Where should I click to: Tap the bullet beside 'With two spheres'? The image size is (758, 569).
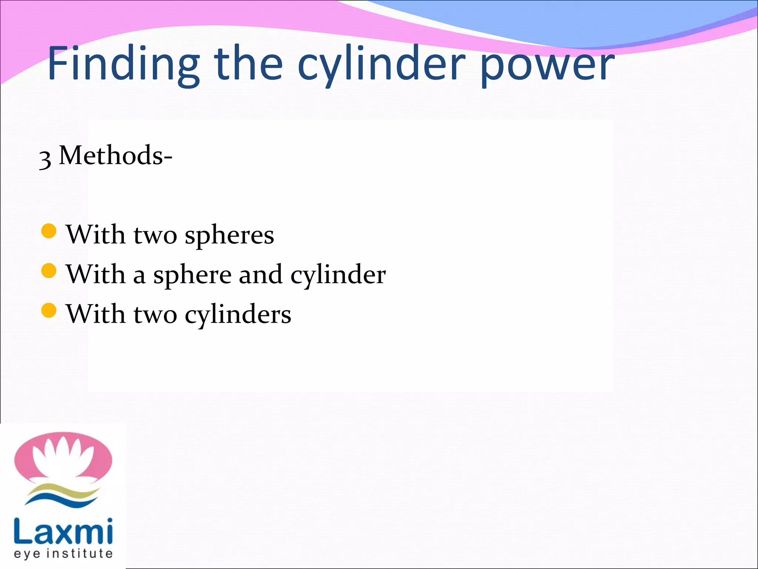(49, 231)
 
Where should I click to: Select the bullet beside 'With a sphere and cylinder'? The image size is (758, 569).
(49, 271)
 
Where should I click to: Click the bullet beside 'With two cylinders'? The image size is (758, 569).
(49, 310)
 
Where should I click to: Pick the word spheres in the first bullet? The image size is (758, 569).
(229, 236)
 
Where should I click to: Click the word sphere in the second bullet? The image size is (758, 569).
(192, 276)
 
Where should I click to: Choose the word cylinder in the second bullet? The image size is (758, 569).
(338, 276)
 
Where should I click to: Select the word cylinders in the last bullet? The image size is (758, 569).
(238, 315)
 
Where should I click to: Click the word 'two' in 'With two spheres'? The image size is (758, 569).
(155, 236)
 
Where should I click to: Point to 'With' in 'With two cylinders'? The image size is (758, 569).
(96, 315)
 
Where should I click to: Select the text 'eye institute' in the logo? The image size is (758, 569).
(63, 553)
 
